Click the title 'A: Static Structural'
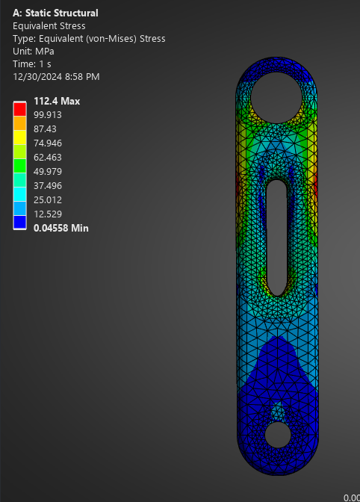[55, 13]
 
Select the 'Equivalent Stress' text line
[49, 25]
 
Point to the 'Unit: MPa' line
[35, 51]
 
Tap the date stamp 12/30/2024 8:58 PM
[56, 76]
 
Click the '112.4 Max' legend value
[57, 102]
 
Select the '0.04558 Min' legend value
[61, 228]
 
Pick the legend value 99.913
[49, 115]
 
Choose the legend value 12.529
[49, 214]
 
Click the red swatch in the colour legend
[19, 109]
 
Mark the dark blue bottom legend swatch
[19, 221]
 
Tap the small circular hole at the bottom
[277, 434]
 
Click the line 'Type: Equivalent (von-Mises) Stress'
[89, 38]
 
